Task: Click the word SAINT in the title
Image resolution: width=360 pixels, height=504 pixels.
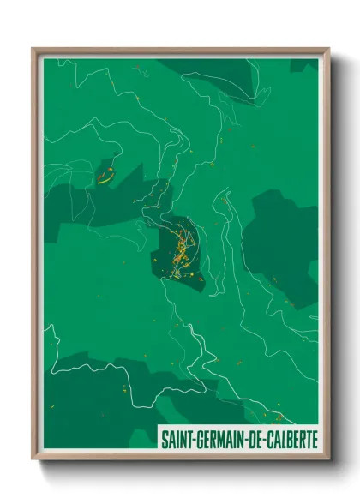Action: click(175, 439)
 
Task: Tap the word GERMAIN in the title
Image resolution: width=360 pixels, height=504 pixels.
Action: click(218, 439)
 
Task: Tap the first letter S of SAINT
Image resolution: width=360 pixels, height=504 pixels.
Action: click(163, 439)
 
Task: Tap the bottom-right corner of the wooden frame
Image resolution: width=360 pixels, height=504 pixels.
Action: click(327, 459)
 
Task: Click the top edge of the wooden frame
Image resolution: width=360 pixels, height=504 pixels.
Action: click(180, 50)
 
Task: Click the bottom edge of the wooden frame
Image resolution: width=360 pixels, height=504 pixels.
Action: click(180, 459)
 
